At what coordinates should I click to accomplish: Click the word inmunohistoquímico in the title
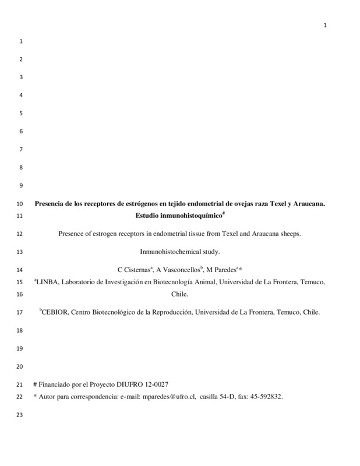tap(193, 216)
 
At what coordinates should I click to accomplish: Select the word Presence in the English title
tap(73, 234)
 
